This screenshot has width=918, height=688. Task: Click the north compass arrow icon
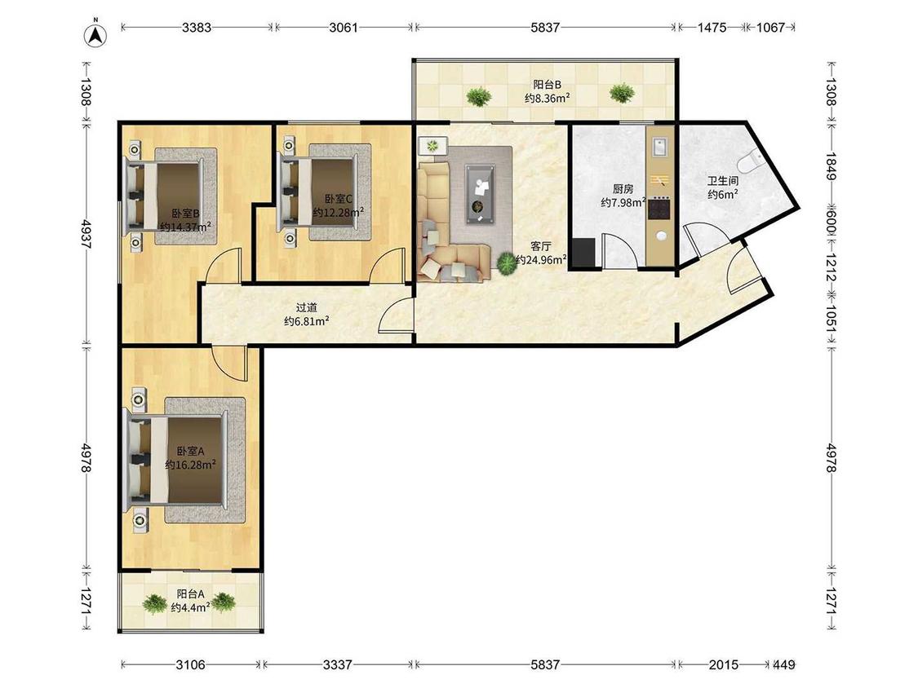pos(95,35)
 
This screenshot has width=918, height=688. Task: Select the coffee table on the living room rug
pos(480,194)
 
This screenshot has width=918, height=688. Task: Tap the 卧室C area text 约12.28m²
pos(339,212)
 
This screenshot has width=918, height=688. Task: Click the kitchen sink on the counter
pos(660,147)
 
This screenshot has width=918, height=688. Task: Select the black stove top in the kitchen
pos(660,209)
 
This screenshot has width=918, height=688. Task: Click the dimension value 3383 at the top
pos(196,27)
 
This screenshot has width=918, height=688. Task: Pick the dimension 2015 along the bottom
pos(724,664)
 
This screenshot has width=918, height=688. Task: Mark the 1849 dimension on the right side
pos(832,167)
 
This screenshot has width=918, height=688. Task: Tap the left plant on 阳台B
pos(478,96)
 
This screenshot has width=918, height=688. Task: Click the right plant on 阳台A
pos(223,602)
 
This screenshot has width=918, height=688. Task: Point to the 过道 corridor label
pos(306,307)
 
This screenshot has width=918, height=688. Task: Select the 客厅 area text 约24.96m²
pos(540,260)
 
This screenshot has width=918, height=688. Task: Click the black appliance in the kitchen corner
pos(583,252)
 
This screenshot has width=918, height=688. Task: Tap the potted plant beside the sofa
pos(507,262)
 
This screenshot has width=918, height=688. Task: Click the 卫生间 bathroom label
pos(722,181)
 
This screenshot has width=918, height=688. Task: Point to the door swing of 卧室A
pos(229,363)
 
